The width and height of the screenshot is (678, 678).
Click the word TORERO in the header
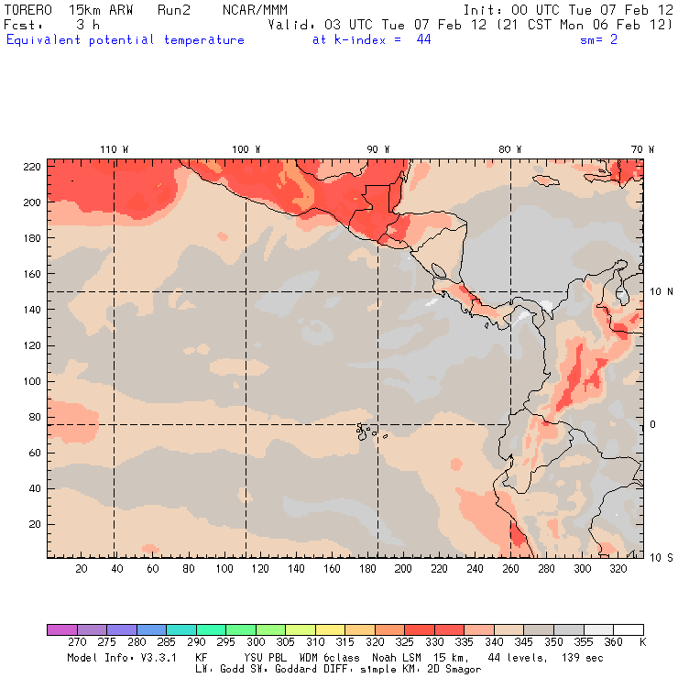(27, 9)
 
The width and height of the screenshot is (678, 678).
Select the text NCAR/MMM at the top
(255, 9)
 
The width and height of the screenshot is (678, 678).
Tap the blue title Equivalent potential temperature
(126, 40)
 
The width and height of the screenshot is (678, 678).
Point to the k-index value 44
(423, 40)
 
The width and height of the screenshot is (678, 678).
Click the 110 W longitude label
(114, 149)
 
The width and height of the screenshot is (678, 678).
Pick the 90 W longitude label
(377, 149)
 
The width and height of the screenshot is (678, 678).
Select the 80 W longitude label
(509, 149)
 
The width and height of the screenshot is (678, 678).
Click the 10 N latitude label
(662, 291)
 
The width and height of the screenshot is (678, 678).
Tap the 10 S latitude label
(662, 557)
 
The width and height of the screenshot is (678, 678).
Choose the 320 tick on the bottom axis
(618, 569)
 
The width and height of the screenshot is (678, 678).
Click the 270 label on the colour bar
(76, 642)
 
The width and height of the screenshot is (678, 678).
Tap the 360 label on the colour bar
(613, 642)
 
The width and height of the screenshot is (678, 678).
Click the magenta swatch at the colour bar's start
(61, 630)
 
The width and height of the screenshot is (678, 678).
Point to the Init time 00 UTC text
(541, 9)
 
